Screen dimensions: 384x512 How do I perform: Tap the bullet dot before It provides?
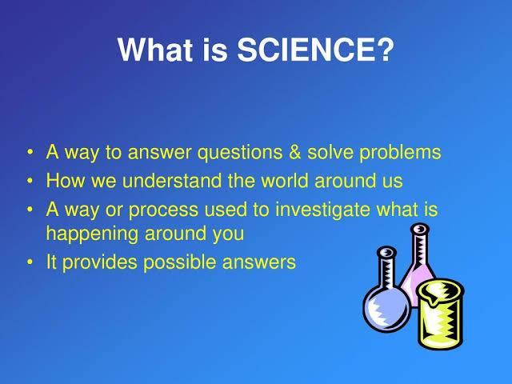click(30, 262)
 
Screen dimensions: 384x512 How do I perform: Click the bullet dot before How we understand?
click(30, 181)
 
